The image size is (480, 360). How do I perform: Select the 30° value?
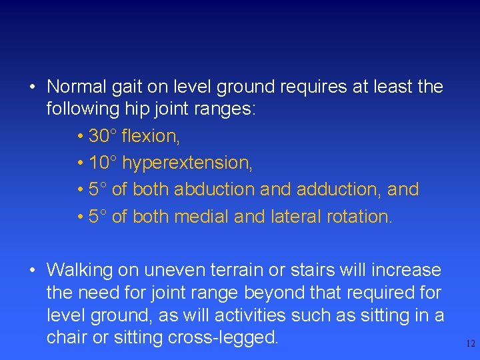pyautogui.click(x=103, y=136)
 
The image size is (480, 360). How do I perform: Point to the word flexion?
pyautogui.click(x=151, y=136)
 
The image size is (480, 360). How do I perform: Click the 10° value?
pyautogui.click(x=103, y=163)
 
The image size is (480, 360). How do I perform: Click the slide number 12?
pyautogui.click(x=470, y=344)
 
